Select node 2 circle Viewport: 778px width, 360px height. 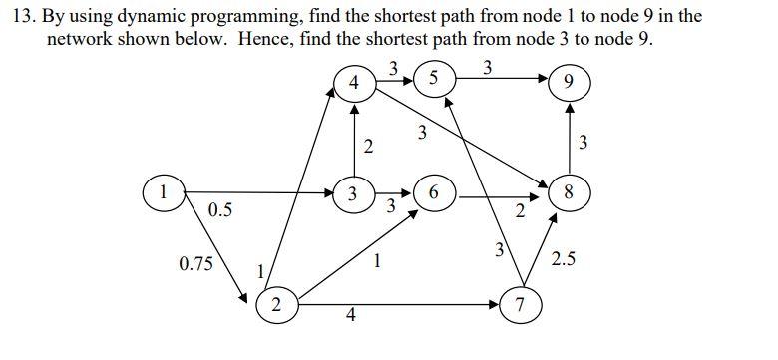pyautogui.click(x=275, y=305)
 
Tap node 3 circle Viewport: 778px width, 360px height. pyautogui.click(x=351, y=192)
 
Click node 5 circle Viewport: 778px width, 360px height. pyautogui.click(x=432, y=78)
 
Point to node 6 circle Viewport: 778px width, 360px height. pyautogui.click(x=434, y=193)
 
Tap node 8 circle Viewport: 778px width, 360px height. pyautogui.click(x=568, y=192)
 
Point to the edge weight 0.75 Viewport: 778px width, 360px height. pyautogui.click(x=196, y=263)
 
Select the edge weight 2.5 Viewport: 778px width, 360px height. pyautogui.click(x=563, y=260)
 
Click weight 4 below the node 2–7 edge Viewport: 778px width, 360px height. pyautogui.click(x=349, y=317)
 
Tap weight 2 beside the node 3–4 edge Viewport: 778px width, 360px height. pyautogui.click(x=368, y=148)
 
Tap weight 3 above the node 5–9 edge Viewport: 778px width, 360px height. pyautogui.click(x=486, y=68)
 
